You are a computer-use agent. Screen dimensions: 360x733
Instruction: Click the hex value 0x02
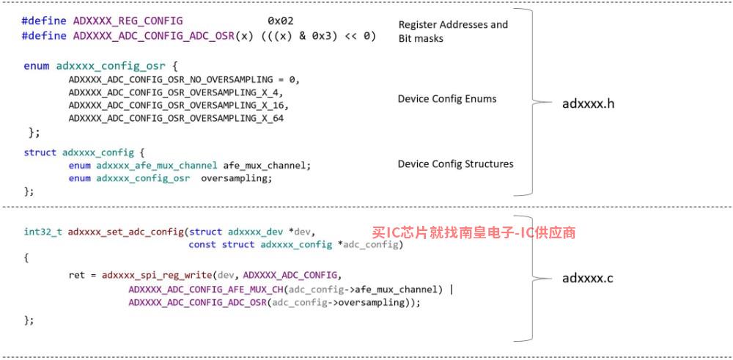click(281, 21)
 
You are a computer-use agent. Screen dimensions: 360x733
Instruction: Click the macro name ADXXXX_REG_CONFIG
click(128, 21)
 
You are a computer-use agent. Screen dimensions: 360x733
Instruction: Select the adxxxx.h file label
click(588, 103)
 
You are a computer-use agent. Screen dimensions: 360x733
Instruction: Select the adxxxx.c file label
click(587, 278)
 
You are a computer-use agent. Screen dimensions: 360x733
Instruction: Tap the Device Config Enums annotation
click(447, 99)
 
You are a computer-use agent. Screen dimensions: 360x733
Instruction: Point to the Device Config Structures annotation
click(455, 164)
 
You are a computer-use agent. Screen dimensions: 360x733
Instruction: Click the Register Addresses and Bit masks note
click(452, 32)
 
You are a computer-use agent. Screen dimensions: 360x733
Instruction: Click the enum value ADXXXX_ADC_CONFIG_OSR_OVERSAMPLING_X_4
click(175, 92)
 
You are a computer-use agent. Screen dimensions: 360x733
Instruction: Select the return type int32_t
click(43, 232)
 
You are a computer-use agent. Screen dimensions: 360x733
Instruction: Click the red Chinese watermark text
click(474, 232)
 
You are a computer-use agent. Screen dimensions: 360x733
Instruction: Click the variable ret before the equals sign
click(77, 276)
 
